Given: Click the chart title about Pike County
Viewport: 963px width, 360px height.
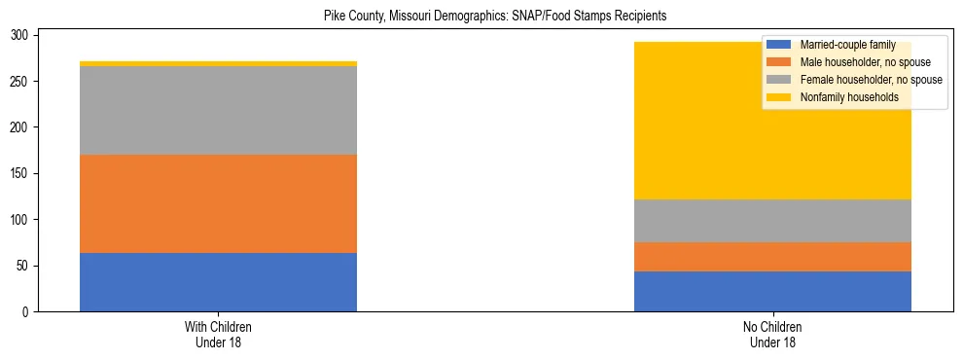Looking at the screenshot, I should click(x=495, y=17).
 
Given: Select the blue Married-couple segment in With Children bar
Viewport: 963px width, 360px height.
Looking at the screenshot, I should click(x=218, y=282).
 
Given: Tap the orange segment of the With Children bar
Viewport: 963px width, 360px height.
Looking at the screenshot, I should click(x=218, y=204).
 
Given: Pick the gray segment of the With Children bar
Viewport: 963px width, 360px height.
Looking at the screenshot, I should click(x=218, y=111).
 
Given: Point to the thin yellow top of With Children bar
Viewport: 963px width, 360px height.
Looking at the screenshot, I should click(x=218, y=63).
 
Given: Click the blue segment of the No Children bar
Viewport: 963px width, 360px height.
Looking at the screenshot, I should click(x=772, y=291).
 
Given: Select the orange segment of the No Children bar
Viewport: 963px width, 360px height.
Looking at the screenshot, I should click(x=772, y=257).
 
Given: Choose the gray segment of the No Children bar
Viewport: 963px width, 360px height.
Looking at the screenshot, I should click(x=772, y=221).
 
